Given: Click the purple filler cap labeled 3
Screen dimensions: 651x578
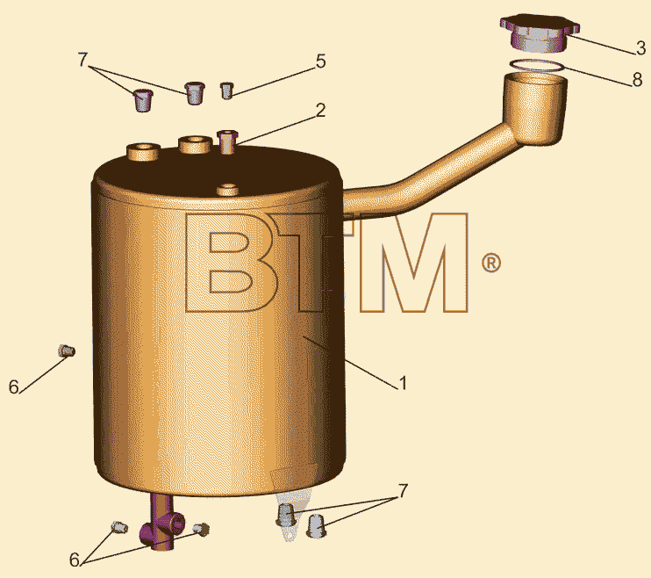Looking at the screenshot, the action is pos(540,33).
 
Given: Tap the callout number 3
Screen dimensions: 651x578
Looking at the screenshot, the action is pos(640,48).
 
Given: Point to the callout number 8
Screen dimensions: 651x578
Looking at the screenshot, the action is pos(637,79).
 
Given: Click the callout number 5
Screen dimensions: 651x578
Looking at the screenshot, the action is pos(320,61).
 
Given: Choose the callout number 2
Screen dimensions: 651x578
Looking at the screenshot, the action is pos(320,111).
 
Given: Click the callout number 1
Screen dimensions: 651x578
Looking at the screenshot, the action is pos(403,383).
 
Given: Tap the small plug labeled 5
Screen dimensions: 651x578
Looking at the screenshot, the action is pos(226,90).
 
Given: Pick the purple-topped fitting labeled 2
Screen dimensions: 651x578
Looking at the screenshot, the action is pos(227,141).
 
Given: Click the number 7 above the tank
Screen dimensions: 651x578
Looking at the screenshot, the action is pos(82,61).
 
